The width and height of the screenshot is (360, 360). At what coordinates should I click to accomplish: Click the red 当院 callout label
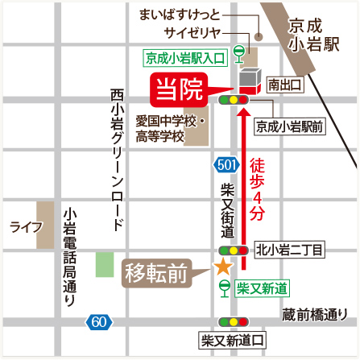pos(179,88)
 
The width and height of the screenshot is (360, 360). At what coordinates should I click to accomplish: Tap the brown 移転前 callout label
pos(156,273)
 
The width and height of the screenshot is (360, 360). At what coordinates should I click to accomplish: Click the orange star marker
pos(220,267)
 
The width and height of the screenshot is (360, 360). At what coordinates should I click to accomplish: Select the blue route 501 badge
pos(226,165)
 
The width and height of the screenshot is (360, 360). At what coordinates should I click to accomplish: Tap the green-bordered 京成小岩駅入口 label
pos(183,58)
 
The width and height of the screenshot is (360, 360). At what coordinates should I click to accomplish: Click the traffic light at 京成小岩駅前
pos(233,101)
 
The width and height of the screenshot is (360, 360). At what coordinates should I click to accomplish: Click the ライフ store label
pos(26,227)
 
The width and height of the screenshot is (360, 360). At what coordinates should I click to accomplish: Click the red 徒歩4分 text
pos(258,188)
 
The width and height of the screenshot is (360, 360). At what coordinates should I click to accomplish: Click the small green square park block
pos(105,264)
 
